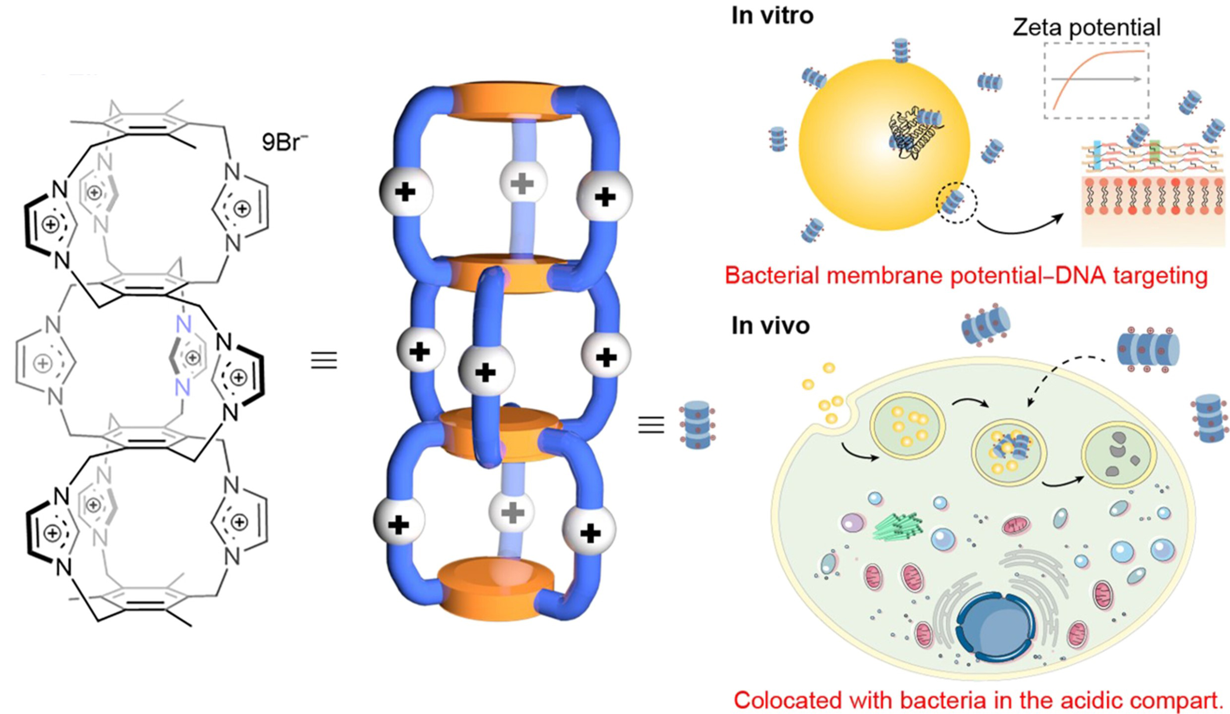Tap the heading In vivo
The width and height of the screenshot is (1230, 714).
[770, 325]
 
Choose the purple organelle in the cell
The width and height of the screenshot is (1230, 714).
[852, 524]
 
